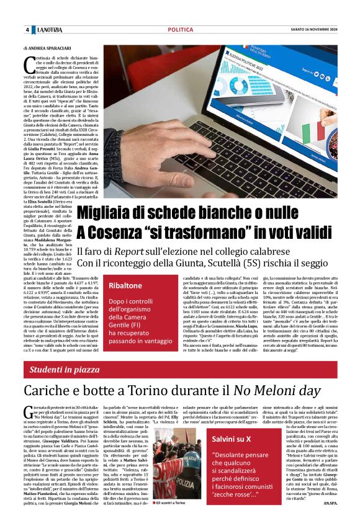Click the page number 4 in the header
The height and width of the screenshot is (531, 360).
click(x=27, y=30)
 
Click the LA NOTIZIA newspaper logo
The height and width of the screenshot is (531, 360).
click(x=50, y=30)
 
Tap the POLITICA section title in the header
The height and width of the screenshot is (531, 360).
click(x=180, y=30)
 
